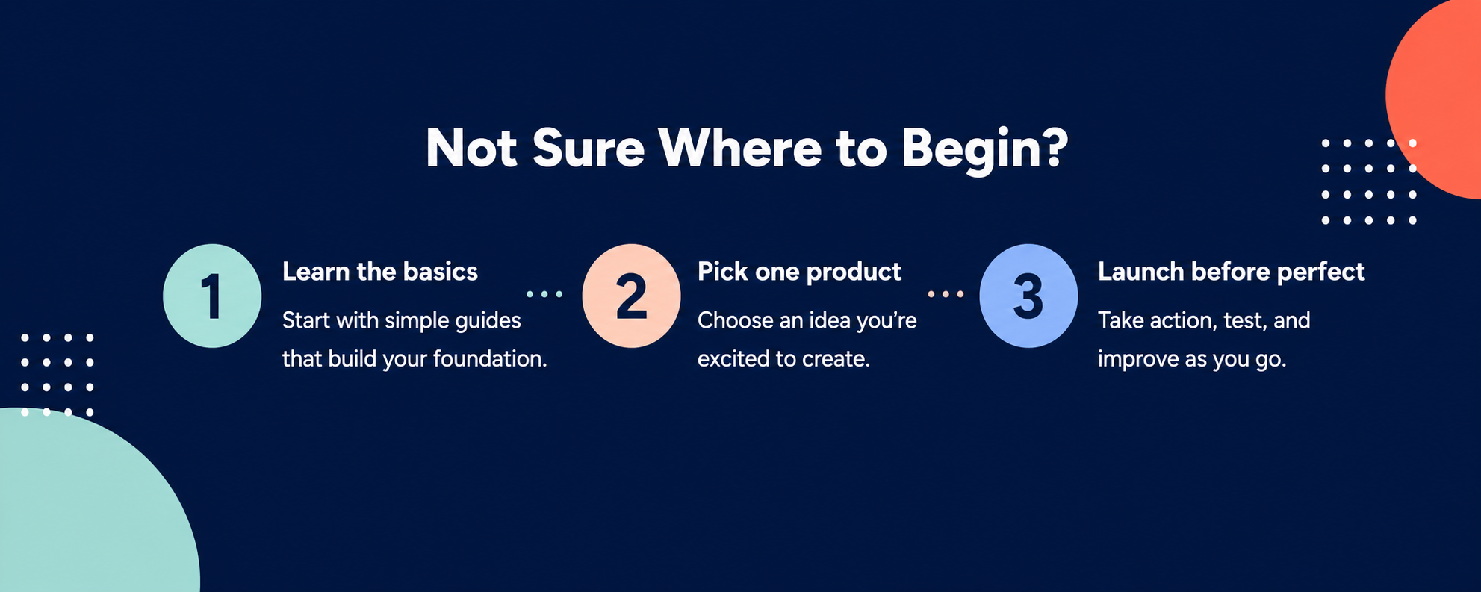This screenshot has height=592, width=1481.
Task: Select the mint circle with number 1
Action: click(x=212, y=296)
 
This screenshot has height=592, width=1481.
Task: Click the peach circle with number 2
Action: click(x=631, y=296)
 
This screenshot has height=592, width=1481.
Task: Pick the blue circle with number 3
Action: click(x=1028, y=296)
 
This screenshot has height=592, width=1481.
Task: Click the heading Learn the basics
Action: click(x=380, y=272)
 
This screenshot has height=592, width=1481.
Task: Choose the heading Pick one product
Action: click(x=799, y=272)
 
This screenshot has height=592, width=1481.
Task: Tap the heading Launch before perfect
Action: click(x=1231, y=272)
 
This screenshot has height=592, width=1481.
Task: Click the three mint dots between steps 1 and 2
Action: click(x=544, y=294)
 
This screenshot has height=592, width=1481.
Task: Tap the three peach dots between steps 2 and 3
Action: click(x=946, y=294)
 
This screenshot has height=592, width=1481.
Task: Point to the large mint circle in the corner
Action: click(x=90, y=508)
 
